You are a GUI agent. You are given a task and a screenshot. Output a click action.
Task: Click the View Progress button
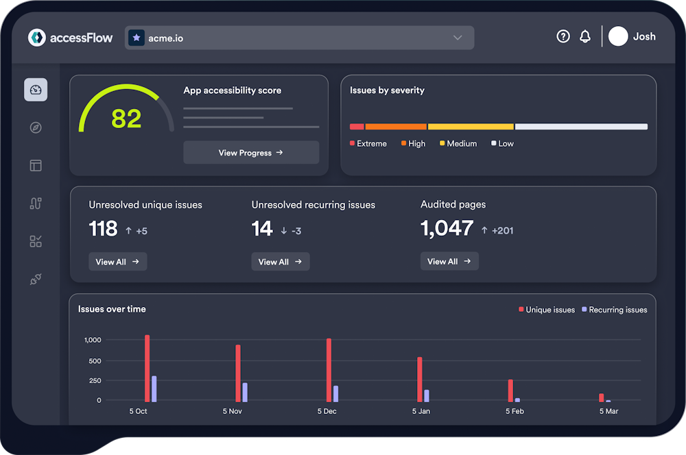point(250,153)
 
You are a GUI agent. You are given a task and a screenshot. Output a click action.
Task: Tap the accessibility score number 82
point(126,119)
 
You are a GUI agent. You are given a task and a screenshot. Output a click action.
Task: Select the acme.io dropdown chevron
point(458,38)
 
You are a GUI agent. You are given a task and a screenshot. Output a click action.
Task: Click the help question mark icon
point(563,37)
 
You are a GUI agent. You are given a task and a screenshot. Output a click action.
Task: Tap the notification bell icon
point(585,37)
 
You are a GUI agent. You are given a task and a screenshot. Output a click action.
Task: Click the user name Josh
point(644,37)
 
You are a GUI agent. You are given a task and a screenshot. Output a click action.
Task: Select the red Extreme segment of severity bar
point(357,127)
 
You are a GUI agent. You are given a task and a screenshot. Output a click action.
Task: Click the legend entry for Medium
point(458,144)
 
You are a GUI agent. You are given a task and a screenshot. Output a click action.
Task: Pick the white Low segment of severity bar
point(581,127)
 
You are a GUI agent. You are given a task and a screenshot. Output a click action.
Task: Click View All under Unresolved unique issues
point(117,262)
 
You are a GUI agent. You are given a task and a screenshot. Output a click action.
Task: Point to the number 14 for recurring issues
point(262,229)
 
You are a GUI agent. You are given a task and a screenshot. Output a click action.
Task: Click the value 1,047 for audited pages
point(447,229)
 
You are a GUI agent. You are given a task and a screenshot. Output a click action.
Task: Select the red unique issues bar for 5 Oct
point(147,369)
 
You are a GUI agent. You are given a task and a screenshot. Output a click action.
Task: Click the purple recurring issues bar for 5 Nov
point(244,392)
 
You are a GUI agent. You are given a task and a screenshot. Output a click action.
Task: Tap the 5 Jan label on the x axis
point(421,411)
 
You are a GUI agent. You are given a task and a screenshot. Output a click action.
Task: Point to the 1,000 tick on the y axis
point(93,340)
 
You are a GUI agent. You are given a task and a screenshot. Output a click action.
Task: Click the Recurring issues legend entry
point(614,310)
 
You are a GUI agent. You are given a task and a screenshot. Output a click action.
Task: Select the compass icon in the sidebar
point(36,127)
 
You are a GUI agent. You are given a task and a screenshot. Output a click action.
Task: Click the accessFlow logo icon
point(37,38)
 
